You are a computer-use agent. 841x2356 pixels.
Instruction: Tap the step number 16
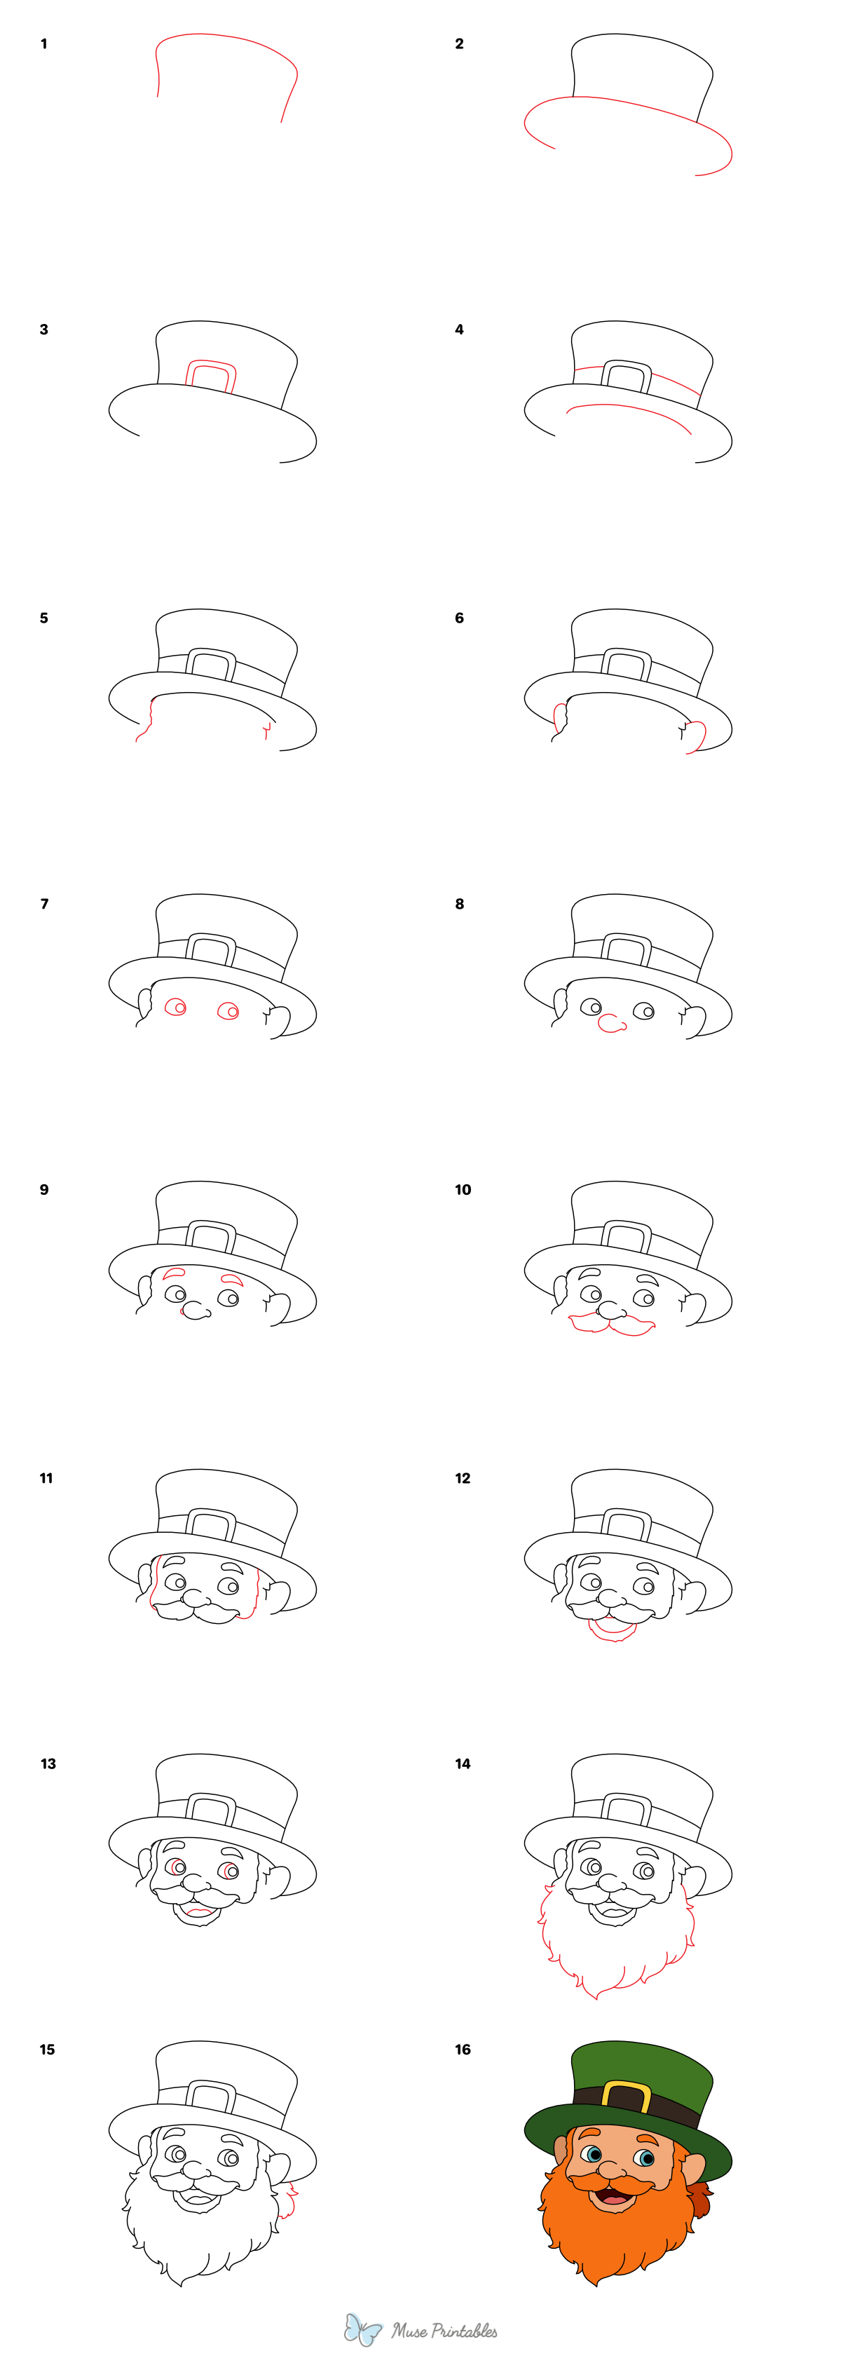coord(463,2050)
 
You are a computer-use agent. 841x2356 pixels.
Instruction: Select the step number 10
coord(463,1190)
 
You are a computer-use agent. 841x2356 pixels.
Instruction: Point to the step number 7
coord(44,904)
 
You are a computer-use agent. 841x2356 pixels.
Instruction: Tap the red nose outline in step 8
coord(610,1024)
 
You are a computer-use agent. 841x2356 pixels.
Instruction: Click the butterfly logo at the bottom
coord(362,2329)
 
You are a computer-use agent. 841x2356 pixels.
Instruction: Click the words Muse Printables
coord(444,2330)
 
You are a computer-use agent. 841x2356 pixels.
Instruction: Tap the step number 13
coord(48,1763)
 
